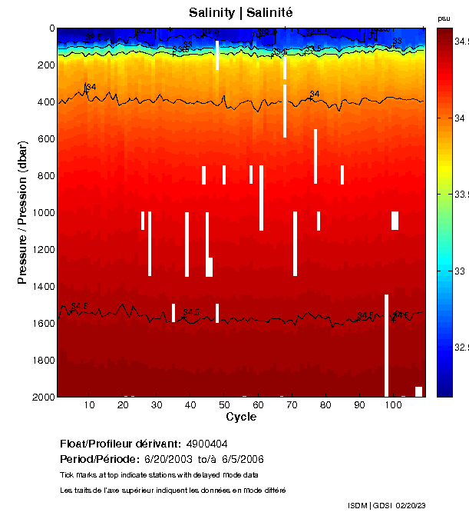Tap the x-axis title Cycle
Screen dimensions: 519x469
241,417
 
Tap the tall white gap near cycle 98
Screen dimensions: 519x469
386,344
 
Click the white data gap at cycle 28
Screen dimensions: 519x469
150,243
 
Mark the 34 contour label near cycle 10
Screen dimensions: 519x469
90,87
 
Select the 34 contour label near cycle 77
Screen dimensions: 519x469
314,94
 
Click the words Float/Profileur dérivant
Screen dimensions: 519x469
118,444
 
